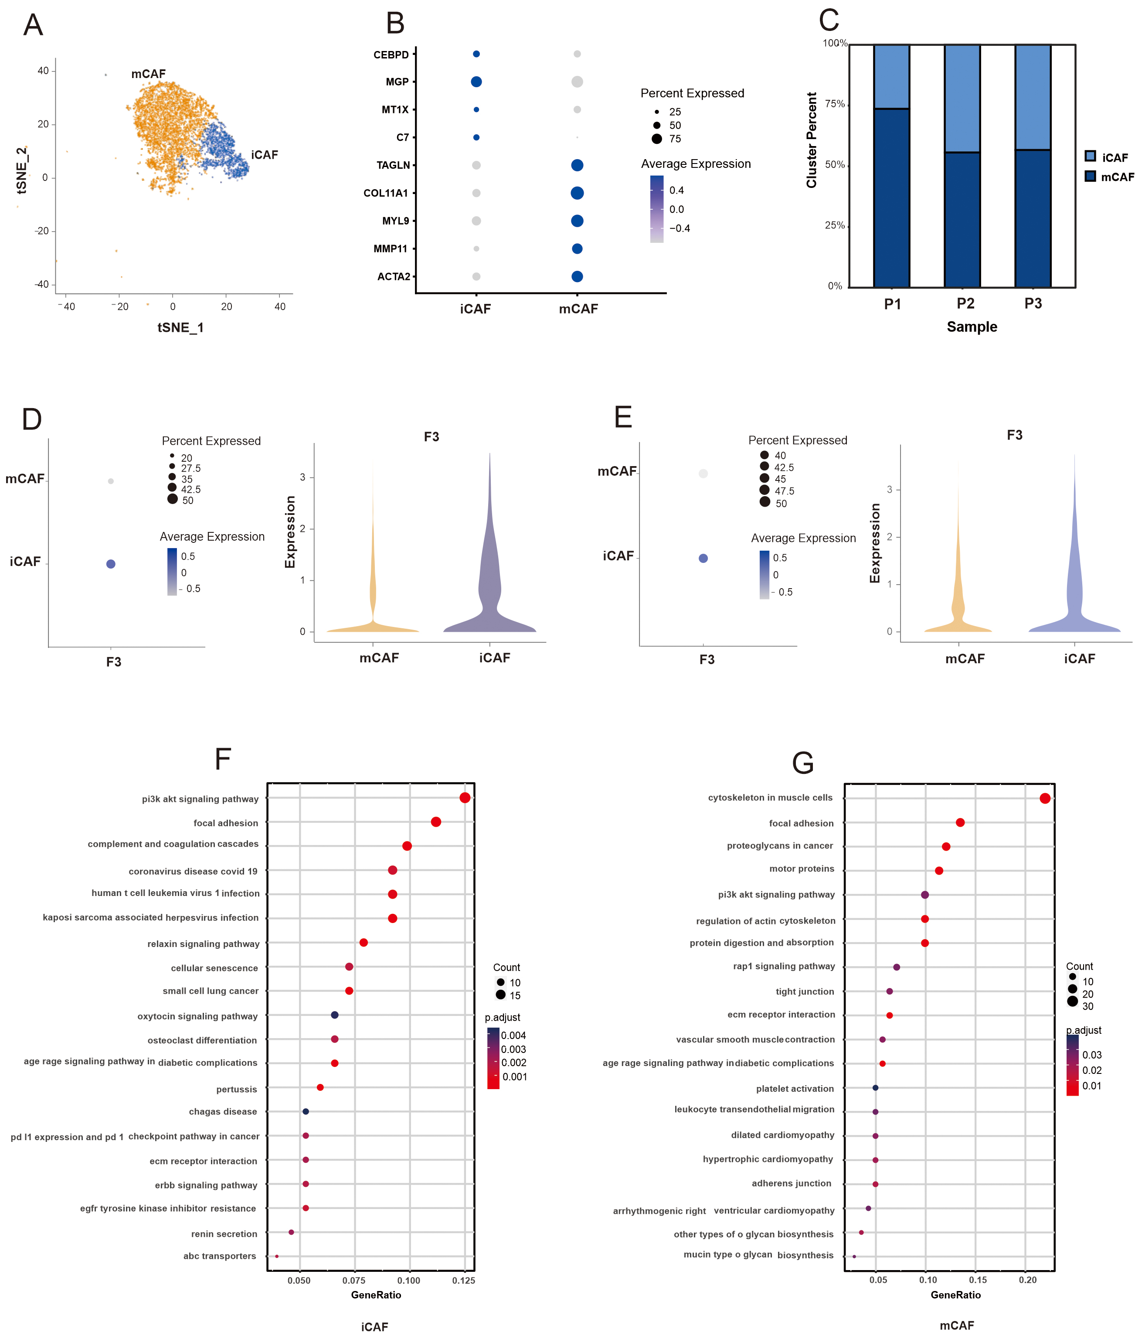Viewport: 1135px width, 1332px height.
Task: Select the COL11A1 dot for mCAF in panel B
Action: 577,193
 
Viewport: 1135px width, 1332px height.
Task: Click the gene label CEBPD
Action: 391,55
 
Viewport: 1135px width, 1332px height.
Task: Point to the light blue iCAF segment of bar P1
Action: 891,76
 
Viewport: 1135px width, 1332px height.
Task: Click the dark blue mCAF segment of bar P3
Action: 1032,218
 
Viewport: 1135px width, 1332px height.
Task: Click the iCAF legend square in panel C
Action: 1090,156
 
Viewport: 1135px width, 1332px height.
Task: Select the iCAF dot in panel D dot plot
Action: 111,564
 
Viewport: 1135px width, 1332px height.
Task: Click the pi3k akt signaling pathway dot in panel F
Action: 465,798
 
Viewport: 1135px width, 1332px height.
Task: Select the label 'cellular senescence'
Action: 214,968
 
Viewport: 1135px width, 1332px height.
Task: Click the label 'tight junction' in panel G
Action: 805,991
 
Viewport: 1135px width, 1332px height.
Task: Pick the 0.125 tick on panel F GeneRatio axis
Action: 463,1281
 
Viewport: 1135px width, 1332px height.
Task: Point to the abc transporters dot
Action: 276,1256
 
